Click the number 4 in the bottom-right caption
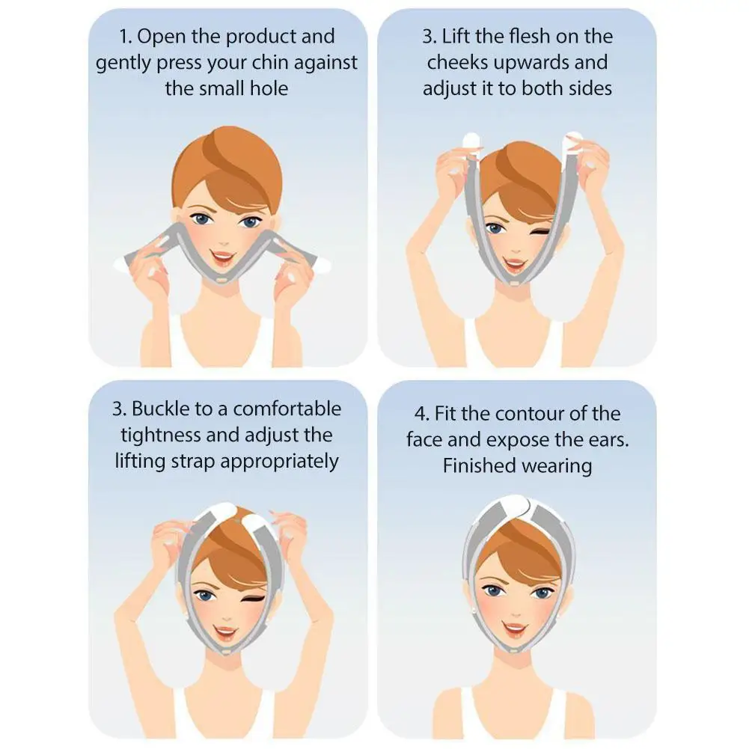[420, 414]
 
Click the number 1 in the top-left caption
[124, 37]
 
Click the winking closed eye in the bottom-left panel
[255, 599]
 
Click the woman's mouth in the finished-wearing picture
[516, 626]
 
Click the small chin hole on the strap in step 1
[221, 281]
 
